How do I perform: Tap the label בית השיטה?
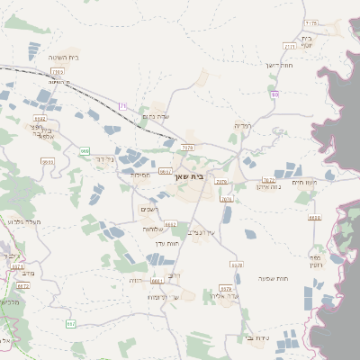(64, 57)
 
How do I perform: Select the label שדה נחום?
(157, 115)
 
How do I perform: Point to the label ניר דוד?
(105, 158)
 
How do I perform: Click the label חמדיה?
(242, 125)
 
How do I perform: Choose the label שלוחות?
(151, 229)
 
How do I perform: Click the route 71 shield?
(122, 105)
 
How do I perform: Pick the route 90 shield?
(274, 94)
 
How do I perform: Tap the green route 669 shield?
(84, 151)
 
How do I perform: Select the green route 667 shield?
(70, 322)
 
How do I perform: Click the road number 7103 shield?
(58, 70)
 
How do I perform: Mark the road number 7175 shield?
(311, 22)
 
